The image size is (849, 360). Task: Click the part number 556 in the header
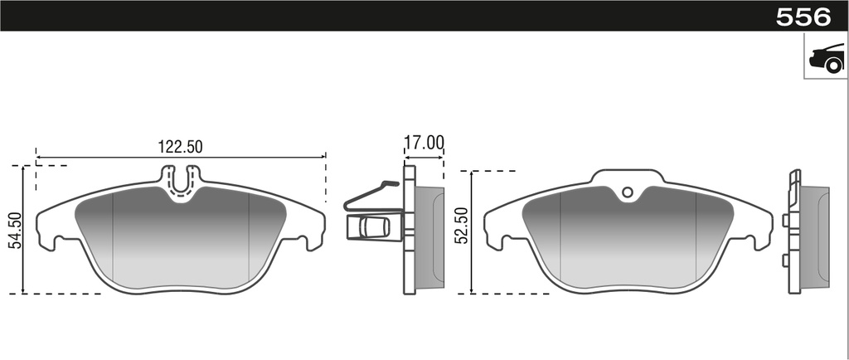pos(803,17)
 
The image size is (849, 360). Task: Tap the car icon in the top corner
pos(827,57)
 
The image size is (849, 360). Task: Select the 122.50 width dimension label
pos(180,146)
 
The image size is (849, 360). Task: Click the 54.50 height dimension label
pos(16,230)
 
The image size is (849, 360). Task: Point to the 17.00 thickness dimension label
pos(424,143)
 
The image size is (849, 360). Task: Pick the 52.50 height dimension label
pos(462,225)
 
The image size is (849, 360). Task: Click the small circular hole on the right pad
pos(628,192)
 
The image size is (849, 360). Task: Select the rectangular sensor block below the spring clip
pos(374,226)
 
